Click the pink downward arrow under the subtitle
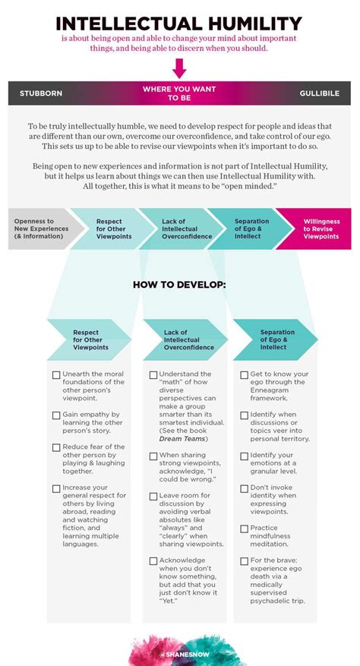[179, 68]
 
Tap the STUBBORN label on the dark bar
[41, 93]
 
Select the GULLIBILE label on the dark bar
[319, 93]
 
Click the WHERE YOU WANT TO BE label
[179, 93]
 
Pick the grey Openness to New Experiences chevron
[42, 229]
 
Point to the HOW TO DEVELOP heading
[179, 285]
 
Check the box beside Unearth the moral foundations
[56, 375]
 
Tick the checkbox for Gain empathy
[56, 415]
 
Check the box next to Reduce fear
[56, 448]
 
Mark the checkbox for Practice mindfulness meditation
[244, 529]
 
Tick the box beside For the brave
[244, 561]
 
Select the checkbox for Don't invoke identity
[244, 488]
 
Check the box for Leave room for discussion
[153, 496]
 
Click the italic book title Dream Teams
[182, 439]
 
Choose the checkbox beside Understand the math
[153, 375]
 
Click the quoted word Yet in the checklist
[168, 601]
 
